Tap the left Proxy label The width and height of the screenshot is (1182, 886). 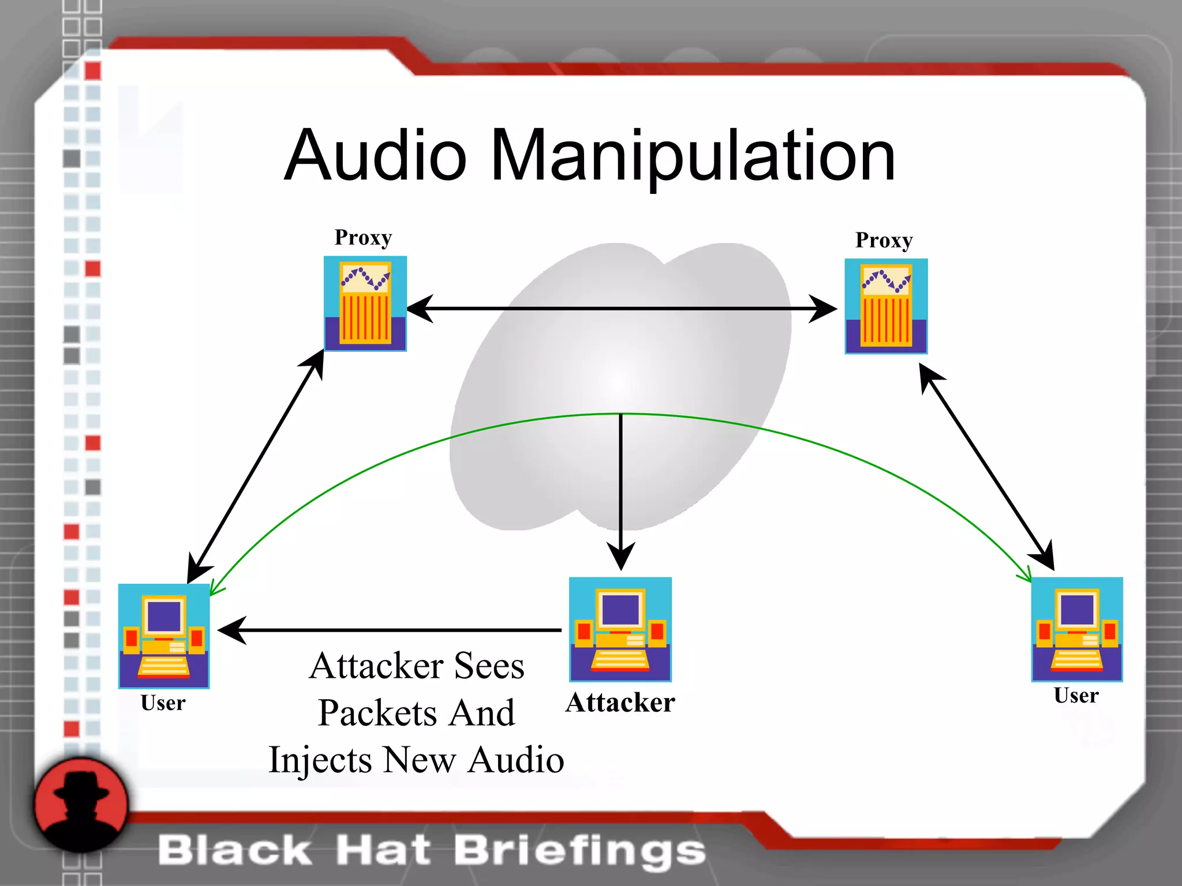(x=363, y=238)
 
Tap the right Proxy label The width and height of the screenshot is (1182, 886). (x=884, y=241)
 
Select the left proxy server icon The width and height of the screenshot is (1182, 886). (x=365, y=303)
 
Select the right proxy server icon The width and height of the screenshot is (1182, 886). (x=886, y=306)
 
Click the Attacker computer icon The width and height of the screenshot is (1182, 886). (x=620, y=629)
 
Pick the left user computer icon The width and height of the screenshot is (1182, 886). (x=164, y=636)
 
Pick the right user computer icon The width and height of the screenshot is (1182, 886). (x=1077, y=629)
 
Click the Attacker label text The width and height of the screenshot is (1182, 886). (x=620, y=703)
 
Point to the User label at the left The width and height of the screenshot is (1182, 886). (x=163, y=703)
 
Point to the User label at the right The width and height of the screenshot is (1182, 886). (x=1076, y=696)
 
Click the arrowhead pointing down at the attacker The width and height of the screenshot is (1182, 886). (x=621, y=556)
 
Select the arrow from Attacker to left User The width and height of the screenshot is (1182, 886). (x=392, y=630)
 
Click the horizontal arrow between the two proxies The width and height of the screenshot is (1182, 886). (x=620, y=309)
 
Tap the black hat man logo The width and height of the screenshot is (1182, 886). (x=81, y=805)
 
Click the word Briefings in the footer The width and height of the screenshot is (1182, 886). (x=580, y=850)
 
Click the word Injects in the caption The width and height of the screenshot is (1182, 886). (x=320, y=760)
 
